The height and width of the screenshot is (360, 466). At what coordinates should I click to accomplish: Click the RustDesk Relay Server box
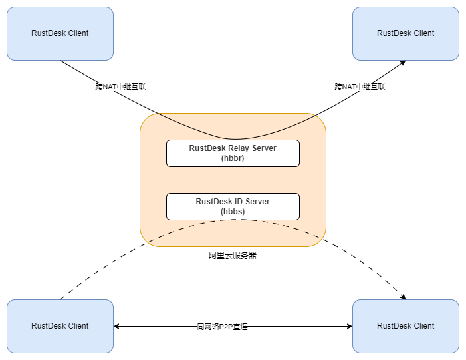pyautogui.click(x=233, y=153)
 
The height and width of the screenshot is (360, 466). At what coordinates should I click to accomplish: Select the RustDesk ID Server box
pyautogui.click(x=233, y=206)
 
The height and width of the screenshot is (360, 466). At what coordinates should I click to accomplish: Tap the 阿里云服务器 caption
pyautogui.click(x=233, y=255)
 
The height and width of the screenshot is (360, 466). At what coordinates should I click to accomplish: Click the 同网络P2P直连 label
pyautogui.click(x=222, y=327)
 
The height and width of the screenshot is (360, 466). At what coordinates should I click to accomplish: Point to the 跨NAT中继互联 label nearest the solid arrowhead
pyautogui.click(x=360, y=87)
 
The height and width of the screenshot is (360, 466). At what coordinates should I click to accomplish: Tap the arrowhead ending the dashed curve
pyautogui.click(x=403, y=297)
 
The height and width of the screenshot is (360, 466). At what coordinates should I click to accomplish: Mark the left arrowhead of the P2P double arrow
pyautogui.click(x=116, y=327)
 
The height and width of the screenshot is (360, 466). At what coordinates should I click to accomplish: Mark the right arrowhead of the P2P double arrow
pyautogui.click(x=349, y=327)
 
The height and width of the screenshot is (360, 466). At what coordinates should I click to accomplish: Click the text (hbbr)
pyautogui.click(x=233, y=158)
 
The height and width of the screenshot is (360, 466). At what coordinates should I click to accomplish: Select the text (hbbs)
pyautogui.click(x=233, y=212)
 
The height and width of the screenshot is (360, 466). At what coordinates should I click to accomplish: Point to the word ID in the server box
pyautogui.click(x=239, y=202)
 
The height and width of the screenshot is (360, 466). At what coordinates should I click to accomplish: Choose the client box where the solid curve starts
pyautogui.click(x=60, y=33)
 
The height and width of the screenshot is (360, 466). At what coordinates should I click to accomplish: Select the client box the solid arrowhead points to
pyautogui.click(x=406, y=33)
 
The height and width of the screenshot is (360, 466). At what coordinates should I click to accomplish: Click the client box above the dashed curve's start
pyautogui.click(x=60, y=326)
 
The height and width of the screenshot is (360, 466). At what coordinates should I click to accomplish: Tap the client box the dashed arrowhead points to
pyautogui.click(x=406, y=326)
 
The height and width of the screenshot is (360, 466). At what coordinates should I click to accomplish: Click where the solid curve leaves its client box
pyautogui.click(x=60, y=61)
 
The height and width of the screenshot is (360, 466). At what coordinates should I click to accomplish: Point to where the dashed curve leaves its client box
pyautogui.click(x=60, y=299)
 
